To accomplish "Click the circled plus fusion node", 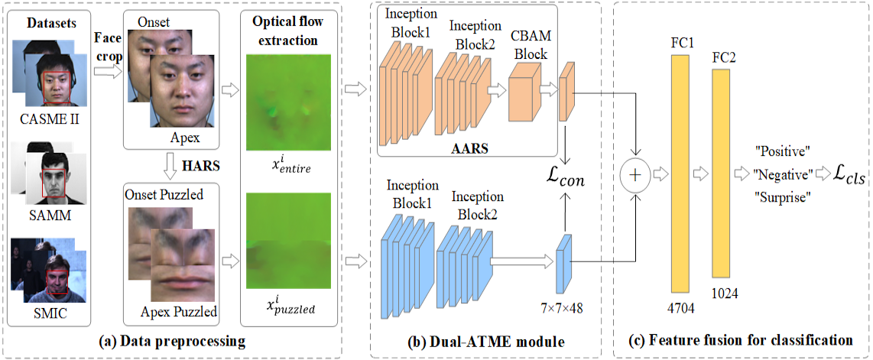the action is point(635,175).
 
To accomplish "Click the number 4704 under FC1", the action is point(680,309).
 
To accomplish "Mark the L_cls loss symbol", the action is point(850,175).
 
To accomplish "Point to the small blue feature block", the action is point(564,263).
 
